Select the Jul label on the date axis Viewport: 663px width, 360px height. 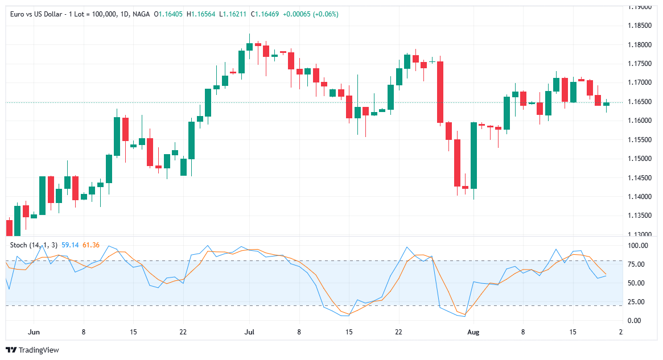248,332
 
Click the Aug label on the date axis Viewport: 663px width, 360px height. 473,332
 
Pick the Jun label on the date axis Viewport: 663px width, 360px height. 34,332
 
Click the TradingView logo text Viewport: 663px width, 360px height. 38,350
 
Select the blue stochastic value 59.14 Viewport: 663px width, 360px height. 69,245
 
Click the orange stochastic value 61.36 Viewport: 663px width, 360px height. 91,245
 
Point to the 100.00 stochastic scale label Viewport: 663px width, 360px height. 637,246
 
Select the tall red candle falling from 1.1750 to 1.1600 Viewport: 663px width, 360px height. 440,92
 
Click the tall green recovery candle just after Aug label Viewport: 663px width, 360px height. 473,155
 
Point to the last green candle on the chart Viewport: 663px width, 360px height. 606,104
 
